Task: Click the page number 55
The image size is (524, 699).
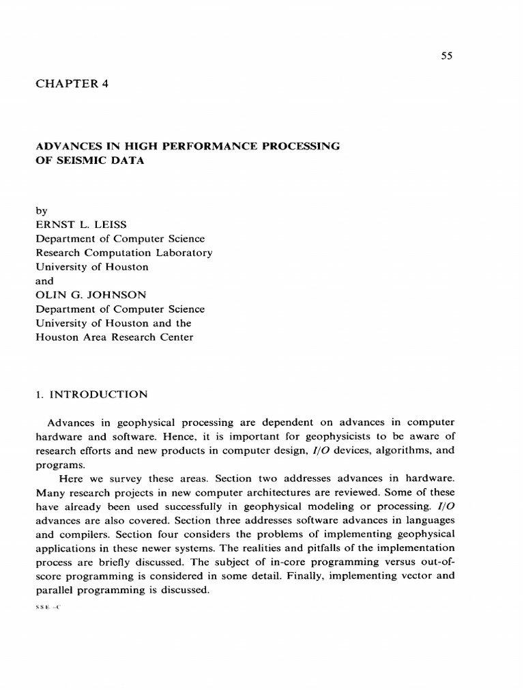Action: click(447, 56)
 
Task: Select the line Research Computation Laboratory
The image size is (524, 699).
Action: click(123, 253)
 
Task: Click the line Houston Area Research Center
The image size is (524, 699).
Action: click(114, 337)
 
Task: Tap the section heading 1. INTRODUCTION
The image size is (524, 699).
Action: click(90, 394)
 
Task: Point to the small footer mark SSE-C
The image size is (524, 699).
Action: click(48, 606)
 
